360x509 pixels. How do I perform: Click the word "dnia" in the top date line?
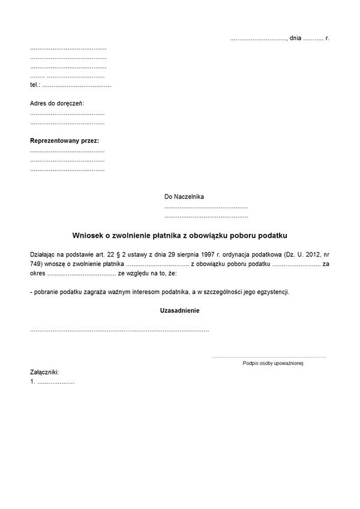pyautogui.click(x=295, y=38)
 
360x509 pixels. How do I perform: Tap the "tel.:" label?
pyautogui.click(x=35, y=85)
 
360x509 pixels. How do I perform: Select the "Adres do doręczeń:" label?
pyautogui.click(x=57, y=103)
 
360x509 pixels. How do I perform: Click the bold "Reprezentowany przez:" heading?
pyautogui.click(x=65, y=141)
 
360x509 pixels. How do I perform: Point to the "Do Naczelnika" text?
pyautogui.click(x=184, y=196)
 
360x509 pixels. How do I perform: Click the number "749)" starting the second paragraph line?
pyautogui.click(x=37, y=264)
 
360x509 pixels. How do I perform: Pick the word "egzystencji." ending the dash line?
pyautogui.click(x=272, y=292)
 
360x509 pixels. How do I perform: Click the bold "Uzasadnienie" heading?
pyautogui.click(x=179, y=311)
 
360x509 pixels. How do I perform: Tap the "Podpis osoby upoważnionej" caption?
pyautogui.click(x=273, y=363)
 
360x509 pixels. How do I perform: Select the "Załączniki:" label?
pyautogui.click(x=44, y=372)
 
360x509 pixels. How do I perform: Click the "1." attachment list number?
pyautogui.click(x=32, y=381)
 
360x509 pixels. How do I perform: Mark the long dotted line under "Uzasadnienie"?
pyautogui.click(x=119, y=331)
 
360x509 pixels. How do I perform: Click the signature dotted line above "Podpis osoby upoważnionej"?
pyautogui.click(x=268, y=357)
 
